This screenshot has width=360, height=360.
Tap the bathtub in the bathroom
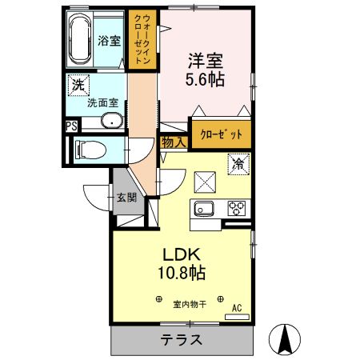click(x=82, y=42)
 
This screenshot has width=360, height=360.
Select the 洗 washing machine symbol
click(x=78, y=84)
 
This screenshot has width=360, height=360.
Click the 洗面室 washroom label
click(x=102, y=102)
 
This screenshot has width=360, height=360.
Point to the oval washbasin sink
click(x=111, y=122)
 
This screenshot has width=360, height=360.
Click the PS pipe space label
click(x=71, y=126)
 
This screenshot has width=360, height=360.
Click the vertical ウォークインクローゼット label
click(x=145, y=40)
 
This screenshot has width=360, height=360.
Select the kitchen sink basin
click(x=202, y=210)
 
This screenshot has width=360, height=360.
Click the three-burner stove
click(x=238, y=210)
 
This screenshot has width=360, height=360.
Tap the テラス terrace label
click(x=180, y=339)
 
